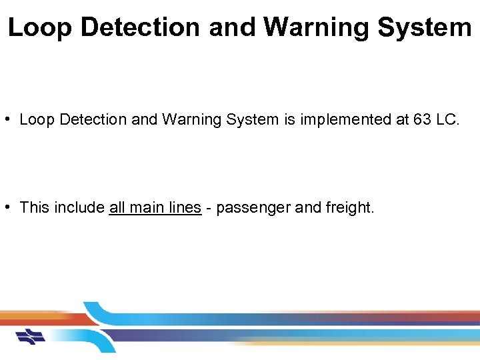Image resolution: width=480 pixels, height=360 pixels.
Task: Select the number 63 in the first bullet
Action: tap(422, 120)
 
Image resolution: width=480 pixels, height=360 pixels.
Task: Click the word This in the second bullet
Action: tap(35, 207)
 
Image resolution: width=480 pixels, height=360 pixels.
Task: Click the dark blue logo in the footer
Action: tap(31, 336)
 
